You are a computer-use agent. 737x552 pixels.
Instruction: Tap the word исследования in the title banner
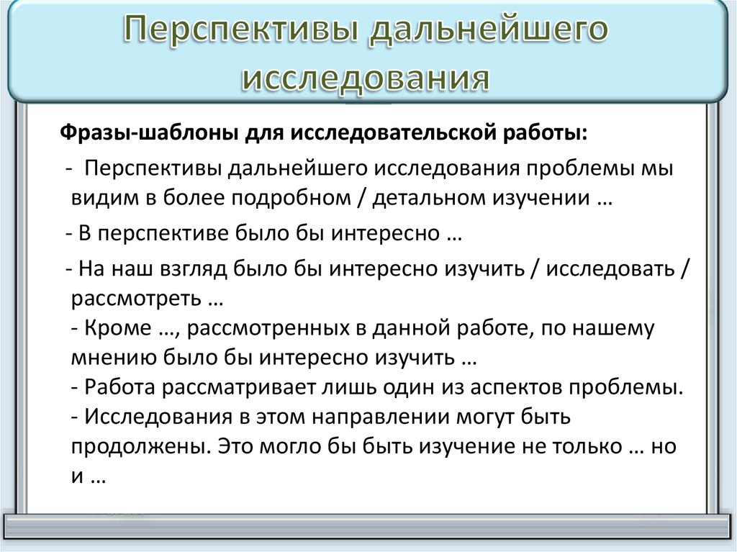[x=366, y=78]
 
